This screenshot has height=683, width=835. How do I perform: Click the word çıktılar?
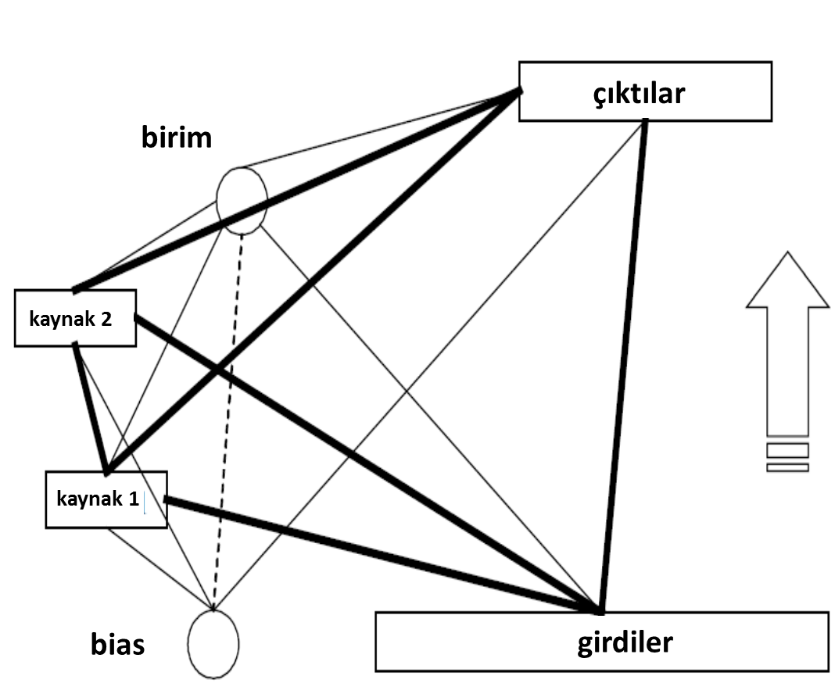coord(638,93)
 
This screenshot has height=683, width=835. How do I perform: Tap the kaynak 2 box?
coord(75,318)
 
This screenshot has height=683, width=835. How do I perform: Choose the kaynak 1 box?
coord(106,499)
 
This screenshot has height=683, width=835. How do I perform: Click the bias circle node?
coord(213,644)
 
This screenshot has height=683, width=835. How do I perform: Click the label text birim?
coord(177,138)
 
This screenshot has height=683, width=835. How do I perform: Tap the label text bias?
coord(117,645)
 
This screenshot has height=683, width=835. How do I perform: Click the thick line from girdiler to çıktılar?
coord(623,367)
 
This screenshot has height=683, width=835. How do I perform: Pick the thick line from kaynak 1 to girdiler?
coord(383,554)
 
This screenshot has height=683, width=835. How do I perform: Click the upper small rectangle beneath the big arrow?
coord(787,449)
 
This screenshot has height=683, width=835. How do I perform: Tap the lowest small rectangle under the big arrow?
coord(787,467)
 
